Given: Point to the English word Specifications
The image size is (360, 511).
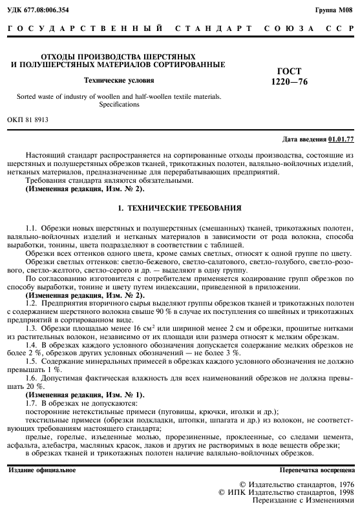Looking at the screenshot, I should click(x=120, y=103).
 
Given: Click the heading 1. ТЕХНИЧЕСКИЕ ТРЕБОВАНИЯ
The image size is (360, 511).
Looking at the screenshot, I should click(x=178, y=209).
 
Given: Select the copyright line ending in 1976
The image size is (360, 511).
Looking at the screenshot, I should click(x=297, y=484).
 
